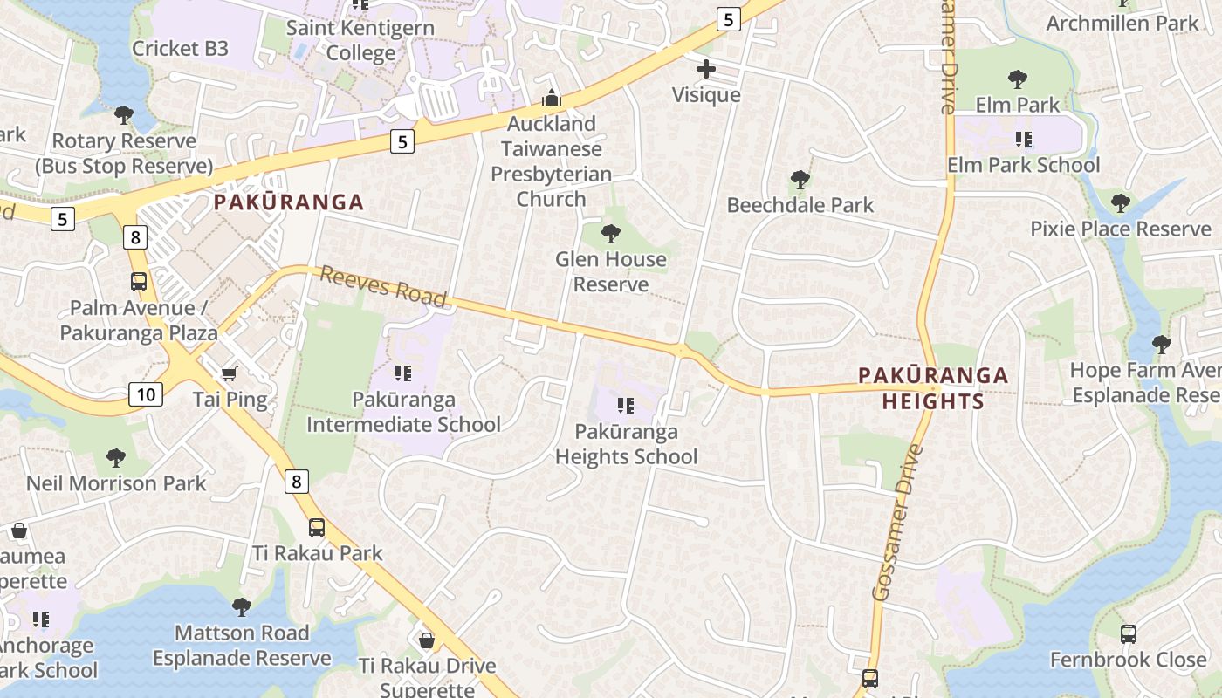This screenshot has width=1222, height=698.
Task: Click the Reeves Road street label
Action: pos(383,287)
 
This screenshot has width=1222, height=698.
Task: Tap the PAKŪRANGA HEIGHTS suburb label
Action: pos(933,388)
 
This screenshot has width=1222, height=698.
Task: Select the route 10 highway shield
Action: pos(146,394)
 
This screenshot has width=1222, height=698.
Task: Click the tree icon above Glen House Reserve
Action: pos(611,233)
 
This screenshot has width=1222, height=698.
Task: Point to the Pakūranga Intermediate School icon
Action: pos(403,374)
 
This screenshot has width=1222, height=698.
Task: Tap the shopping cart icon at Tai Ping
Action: pos(230,374)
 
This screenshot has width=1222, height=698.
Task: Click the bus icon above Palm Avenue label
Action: pos(139,282)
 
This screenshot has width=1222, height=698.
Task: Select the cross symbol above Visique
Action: pos(706,69)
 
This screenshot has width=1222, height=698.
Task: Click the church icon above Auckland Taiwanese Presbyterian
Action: pos(551,97)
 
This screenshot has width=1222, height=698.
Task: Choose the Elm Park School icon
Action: pos(1024,139)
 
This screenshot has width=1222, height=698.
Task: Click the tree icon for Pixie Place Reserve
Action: pos(1121,203)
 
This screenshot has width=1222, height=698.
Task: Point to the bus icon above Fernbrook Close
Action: pos(1128,634)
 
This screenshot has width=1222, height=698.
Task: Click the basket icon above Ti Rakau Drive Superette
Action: pos(427,640)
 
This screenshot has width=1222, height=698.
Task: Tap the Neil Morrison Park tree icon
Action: pos(115,457)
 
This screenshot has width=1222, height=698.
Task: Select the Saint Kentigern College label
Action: pos(360,40)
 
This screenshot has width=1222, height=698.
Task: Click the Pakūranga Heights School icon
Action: pos(625,406)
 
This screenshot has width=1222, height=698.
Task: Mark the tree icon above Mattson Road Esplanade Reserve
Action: pos(242,606)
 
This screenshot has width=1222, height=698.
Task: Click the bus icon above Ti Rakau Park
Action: pos(317,527)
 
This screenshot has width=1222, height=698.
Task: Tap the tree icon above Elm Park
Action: pos(1017,79)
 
